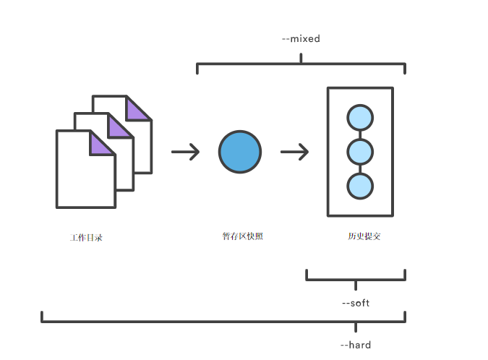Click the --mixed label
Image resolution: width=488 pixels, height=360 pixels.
[x=301, y=38]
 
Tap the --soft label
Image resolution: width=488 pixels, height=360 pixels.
[x=356, y=303]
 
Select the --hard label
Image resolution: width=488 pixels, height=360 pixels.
[x=356, y=345]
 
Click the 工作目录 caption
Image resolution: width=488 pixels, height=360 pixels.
[x=86, y=238]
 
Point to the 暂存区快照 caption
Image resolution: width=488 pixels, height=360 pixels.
[x=242, y=236]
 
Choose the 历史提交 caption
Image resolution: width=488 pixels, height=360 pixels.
[x=364, y=236]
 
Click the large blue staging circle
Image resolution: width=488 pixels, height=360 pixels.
[x=240, y=152]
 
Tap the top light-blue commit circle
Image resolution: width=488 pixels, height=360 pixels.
[x=360, y=118]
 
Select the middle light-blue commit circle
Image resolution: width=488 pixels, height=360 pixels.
[x=360, y=152]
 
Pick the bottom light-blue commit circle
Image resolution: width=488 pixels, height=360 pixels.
[x=360, y=186]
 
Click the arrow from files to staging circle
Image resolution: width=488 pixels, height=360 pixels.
[x=186, y=152]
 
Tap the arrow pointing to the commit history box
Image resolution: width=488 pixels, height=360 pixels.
[x=295, y=152]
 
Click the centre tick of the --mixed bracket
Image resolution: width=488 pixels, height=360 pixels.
[x=301, y=58]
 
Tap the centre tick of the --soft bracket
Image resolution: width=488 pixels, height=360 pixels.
[x=356, y=285]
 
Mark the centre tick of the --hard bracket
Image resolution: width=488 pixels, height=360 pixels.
[x=356, y=327]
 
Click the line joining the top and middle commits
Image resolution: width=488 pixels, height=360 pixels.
[x=360, y=134]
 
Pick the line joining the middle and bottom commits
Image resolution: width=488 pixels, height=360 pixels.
[x=360, y=169]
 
